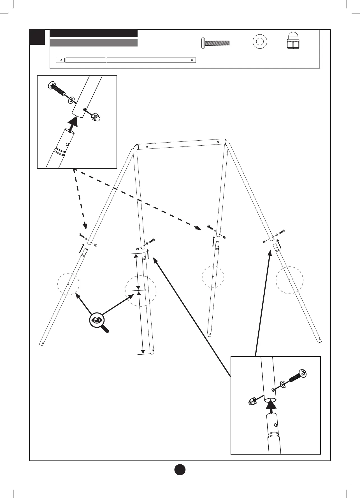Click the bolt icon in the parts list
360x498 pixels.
(x=215, y=43)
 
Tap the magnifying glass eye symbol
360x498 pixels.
(x=97, y=320)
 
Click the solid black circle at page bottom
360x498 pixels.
(x=180, y=469)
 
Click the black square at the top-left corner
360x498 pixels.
(x=37, y=37)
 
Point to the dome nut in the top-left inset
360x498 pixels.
(x=96, y=117)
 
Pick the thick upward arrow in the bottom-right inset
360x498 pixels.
(x=271, y=407)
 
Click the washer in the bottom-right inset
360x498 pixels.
(x=283, y=384)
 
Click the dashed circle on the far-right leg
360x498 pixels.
(x=289, y=280)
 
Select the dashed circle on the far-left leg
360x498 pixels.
(x=68, y=284)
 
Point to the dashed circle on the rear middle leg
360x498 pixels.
(x=213, y=277)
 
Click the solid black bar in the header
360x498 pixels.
(x=94, y=33)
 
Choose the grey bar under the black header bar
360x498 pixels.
(x=94, y=43)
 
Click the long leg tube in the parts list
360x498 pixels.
(x=126, y=60)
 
